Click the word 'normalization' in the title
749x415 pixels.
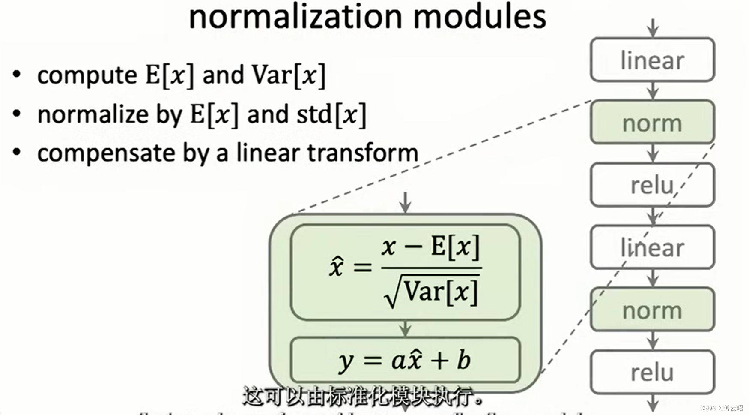(296, 17)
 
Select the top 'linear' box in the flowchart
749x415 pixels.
(652, 60)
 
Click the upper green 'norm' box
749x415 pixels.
(652, 123)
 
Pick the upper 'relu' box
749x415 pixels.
(652, 185)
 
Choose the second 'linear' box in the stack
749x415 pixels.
(652, 248)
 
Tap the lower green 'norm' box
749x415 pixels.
(652, 310)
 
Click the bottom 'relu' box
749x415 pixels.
(652, 372)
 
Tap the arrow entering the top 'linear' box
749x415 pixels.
(653, 28)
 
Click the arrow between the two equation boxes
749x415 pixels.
(405, 329)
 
